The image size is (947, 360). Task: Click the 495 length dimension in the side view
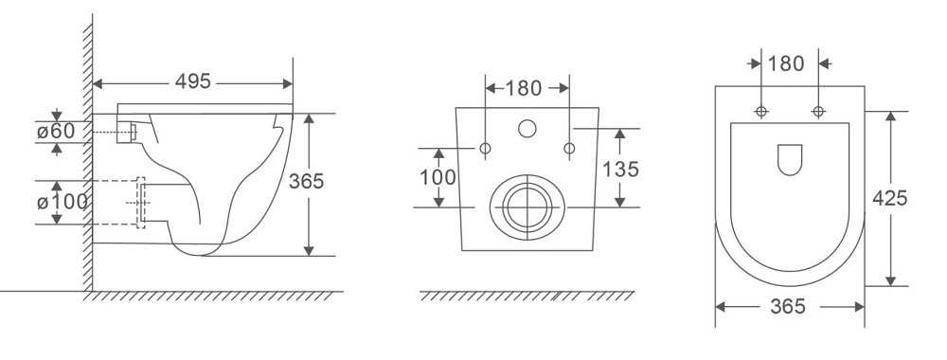click(x=193, y=81)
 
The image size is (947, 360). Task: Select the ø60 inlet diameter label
click(x=56, y=132)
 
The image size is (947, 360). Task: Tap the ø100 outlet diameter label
click(x=62, y=202)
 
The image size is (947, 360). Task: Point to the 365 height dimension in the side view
click(x=325, y=183)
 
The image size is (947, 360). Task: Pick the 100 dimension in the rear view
click(x=438, y=177)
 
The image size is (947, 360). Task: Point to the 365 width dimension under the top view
click(x=788, y=307)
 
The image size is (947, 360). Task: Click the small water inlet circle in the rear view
click(x=527, y=128)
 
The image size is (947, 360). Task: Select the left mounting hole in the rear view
click(x=486, y=149)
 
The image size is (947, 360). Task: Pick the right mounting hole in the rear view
click(x=569, y=149)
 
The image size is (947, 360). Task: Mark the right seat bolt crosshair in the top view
click(x=817, y=112)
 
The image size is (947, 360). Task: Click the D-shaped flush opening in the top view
click(x=789, y=160)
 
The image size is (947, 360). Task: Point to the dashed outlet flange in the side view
click(x=143, y=201)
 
